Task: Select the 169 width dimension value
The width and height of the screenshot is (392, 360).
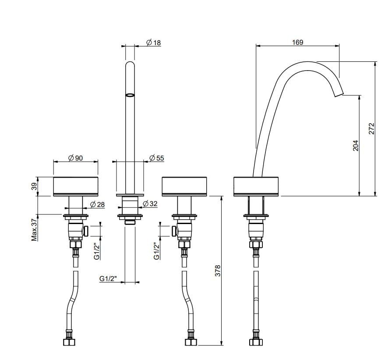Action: [297, 43]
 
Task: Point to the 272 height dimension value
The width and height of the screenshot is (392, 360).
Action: [372, 128]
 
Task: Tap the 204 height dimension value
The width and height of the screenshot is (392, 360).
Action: [355, 146]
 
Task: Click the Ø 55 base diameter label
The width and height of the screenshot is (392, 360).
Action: [156, 158]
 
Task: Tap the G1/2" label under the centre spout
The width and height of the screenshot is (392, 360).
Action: [108, 278]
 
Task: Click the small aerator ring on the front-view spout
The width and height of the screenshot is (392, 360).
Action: [130, 94]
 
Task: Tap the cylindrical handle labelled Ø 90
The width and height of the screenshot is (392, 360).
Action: [75, 186]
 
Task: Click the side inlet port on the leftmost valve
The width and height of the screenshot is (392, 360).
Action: [87, 230]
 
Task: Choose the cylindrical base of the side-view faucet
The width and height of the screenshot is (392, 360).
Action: [256, 186]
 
